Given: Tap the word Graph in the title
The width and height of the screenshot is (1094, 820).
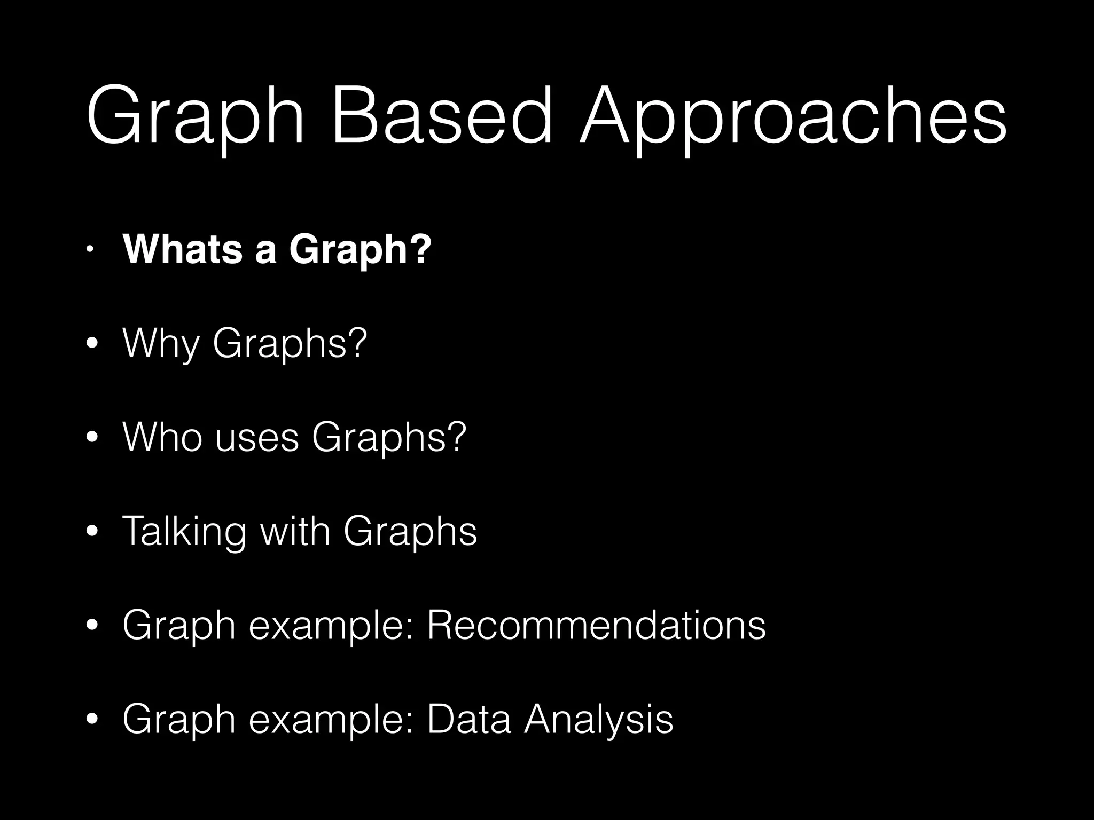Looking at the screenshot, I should (x=195, y=120).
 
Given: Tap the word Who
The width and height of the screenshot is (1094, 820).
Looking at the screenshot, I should (x=162, y=437).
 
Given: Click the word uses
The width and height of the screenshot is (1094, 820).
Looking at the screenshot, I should (x=257, y=438).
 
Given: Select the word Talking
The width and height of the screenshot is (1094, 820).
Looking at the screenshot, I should (x=185, y=532).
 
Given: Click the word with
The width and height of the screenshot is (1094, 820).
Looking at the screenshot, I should (x=294, y=531).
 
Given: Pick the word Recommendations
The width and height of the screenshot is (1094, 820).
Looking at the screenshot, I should (x=596, y=625).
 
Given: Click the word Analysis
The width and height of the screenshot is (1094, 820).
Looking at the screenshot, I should (x=598, y=720).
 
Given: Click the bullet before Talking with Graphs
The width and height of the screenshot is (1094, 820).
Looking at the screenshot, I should (x=92, y=532).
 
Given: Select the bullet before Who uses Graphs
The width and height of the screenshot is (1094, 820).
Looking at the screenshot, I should (x=92, y=438).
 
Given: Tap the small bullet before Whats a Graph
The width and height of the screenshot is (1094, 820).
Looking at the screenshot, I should (x=91, y=249).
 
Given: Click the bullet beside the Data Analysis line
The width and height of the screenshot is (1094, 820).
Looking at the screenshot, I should (x=92, y=719).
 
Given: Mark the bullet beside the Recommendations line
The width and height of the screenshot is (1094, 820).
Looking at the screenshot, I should (x=92, y=625).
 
